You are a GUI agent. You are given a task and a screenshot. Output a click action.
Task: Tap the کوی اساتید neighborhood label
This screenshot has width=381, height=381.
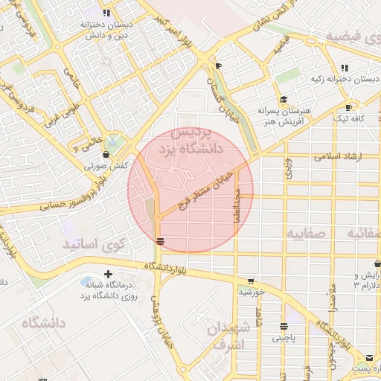tap(94, 244)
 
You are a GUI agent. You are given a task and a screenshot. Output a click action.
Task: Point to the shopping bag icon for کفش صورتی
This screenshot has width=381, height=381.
tap(106, 154)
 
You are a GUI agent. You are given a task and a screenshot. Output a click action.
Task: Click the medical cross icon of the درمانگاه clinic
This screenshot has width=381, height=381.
tap(109, 275)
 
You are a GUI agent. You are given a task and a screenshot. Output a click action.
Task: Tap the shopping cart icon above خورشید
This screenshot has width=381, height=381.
tap(250, 281)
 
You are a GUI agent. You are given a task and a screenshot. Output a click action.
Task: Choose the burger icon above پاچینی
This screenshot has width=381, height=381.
tap(284, 326)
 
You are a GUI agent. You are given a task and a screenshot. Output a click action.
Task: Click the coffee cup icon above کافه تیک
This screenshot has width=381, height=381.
tap(350, 106)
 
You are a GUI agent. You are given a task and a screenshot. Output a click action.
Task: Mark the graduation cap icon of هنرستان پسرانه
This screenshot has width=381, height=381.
tap(283, 99)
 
